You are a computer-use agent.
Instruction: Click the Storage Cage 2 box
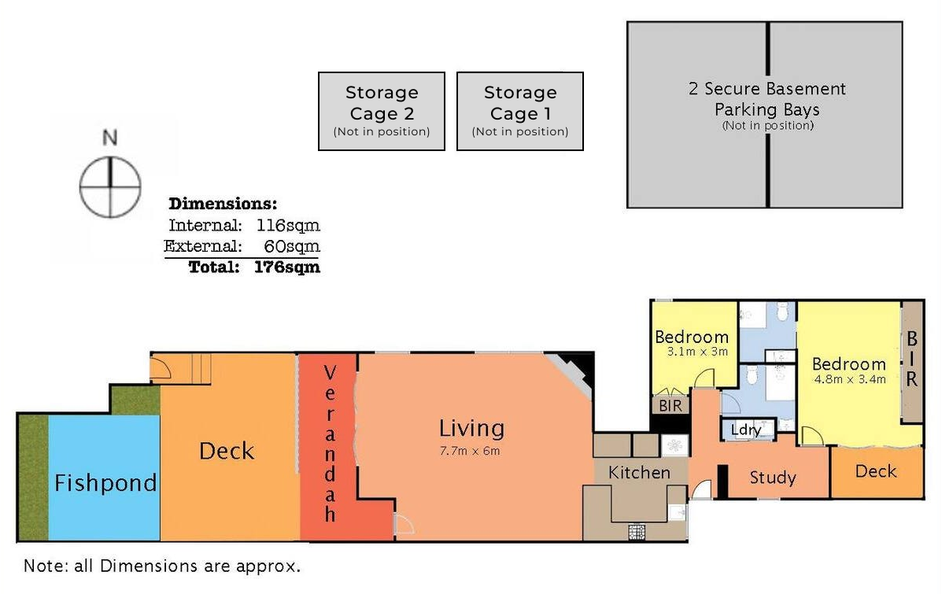pyautogui.click(x=382, y=111)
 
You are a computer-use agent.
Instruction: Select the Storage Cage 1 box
pyautogui.click(x=520, y=111)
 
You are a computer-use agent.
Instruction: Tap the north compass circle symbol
pyautogui.click(x=110, y=186)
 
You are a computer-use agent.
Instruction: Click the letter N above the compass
pyautogui.click(x=109, y=138)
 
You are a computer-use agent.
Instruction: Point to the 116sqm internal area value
pyautogui.click(x=288, y=225)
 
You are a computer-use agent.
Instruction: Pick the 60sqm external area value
pyautogui.click(x=291, y=246)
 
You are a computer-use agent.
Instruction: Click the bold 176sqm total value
pyautogui.click(x=286, y=267)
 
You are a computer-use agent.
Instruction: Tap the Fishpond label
pyautogui.click(x=105, y=483)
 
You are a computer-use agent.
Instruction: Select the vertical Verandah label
pyautogui.click(x=330, y=443)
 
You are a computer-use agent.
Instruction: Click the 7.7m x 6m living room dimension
pyautogui.click(x=470, y=451)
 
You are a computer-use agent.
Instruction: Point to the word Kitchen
pyautogui.click(x=639, y=473)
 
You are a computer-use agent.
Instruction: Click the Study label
pyautogui.click(x=773, y=478)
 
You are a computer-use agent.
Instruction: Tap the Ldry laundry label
pyautogui.click(x=746, y=430)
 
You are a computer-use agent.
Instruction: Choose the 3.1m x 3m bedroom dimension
pyautogui.click(x=697, y=352)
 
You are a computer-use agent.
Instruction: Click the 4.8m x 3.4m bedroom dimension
pyautogui.click(x=850, y=379)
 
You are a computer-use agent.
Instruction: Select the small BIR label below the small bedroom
pyautogui.click(x=670, y=406)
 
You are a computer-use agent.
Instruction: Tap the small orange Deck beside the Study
pyautogui.click(x=877, y=472)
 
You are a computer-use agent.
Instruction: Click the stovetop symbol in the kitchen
pyautogui.click(x=637, y=532)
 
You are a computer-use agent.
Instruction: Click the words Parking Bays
pyautogui.click(x=767, y=110)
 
